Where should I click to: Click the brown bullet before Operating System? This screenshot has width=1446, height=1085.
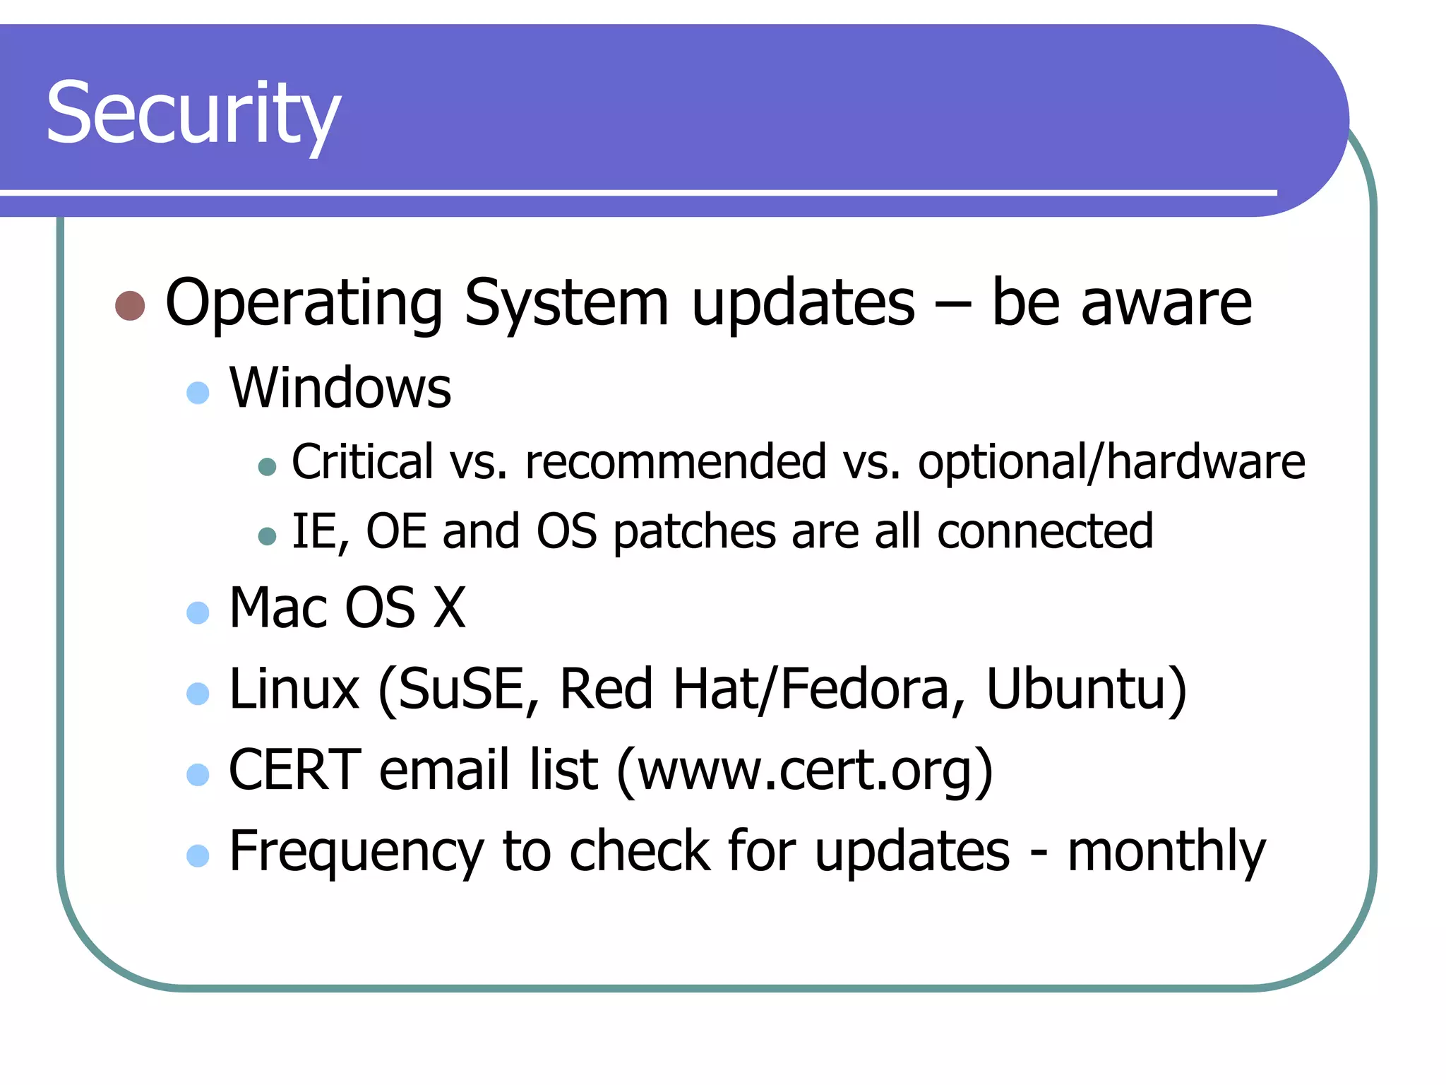coord(130,306)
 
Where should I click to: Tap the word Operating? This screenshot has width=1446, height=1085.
coord(304,304)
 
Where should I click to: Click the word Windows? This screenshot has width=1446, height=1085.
coord(340,389)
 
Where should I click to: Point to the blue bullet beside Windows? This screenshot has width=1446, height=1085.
coord(198,393)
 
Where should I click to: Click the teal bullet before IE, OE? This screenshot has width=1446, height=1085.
coord(267,537)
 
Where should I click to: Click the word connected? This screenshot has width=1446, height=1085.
coord(1045,532)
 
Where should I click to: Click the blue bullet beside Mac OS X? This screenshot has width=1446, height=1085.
coord(198,612)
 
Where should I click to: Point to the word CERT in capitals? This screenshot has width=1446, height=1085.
coord(295,770)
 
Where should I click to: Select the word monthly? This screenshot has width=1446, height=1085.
coord(1166,852)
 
